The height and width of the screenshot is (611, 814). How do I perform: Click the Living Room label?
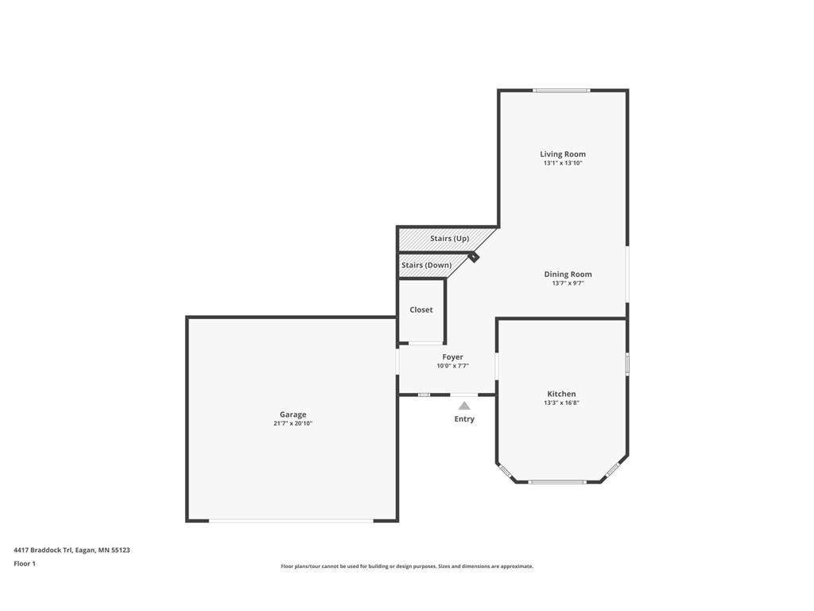[x=563, y=154]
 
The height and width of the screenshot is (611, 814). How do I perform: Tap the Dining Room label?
[x=568, y=274]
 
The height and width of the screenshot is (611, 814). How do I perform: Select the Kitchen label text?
[x=561, y=394]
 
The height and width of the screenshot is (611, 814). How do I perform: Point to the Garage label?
[x=293, y=414]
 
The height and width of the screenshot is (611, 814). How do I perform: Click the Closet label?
[x=421, y=309]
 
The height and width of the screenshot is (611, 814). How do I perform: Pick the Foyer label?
[x=452, y=357]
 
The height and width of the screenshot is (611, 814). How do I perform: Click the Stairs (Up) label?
[x=450, y=239]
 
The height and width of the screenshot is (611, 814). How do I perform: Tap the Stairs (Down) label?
[x=427, y=265]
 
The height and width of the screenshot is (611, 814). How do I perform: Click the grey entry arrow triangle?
[x=464, y=406]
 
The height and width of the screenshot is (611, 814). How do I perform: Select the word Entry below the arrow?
[x=464, y=418]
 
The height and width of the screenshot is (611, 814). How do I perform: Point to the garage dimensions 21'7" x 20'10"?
[x=293, y=423]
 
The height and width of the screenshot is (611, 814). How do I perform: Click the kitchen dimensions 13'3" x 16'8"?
[x=561, y=403]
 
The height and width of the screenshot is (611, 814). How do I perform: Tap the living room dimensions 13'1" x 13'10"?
[x=563, y=162]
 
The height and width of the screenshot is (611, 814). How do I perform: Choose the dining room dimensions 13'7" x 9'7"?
[x=568, y=283]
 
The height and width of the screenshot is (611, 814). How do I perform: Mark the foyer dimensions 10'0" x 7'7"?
[x=452, y=366]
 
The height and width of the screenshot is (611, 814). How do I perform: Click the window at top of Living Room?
[x=561, y=91]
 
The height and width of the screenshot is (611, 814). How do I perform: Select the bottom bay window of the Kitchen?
[x=557, y=482]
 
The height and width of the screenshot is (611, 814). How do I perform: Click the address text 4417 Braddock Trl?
[x=43, y=550]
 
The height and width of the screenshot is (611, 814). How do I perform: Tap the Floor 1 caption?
[x=25, y=563]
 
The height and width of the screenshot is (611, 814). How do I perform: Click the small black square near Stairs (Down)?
[x=474, y=257]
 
